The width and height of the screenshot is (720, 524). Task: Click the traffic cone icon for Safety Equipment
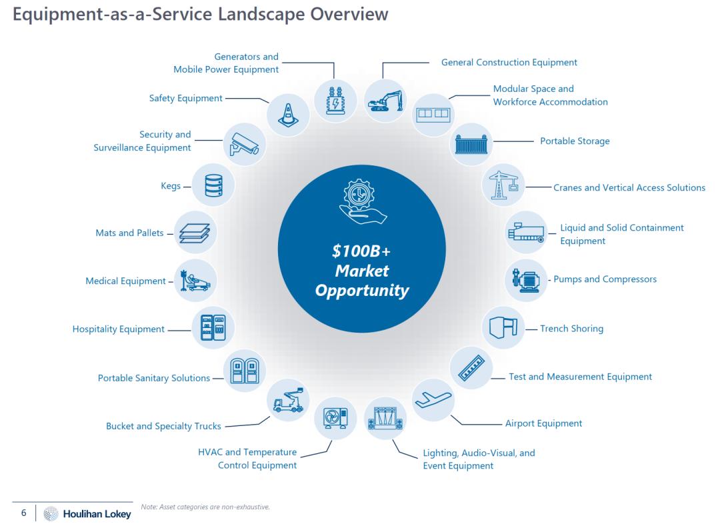(x=288, y=115)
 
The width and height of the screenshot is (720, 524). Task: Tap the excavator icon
(x=385, y=101)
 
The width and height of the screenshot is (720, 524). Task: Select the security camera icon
(x=244, y=144)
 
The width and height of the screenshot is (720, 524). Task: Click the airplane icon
(x=433, y=399)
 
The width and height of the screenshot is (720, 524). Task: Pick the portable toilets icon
(x=244, y=371)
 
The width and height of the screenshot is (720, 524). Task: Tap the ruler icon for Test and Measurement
(x=471, y=368)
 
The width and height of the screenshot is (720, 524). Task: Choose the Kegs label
(x=171, y=186)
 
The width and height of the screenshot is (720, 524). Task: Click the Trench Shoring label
(x=572, y=329)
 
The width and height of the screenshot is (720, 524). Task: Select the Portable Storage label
(x=575, y=141)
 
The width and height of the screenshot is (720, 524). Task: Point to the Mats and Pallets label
(x=129, y=233)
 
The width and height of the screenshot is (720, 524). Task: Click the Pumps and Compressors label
(x=605, y=279)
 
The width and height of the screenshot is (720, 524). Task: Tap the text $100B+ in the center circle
(x=361, y=251)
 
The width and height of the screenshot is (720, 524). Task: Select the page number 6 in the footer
(x=24, y=513)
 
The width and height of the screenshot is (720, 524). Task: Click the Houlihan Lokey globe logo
(x=51, y=513)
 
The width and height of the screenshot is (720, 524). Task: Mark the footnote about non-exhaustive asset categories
(x=205, y=507)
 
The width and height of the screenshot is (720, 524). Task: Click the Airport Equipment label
(x=544, y=423)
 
